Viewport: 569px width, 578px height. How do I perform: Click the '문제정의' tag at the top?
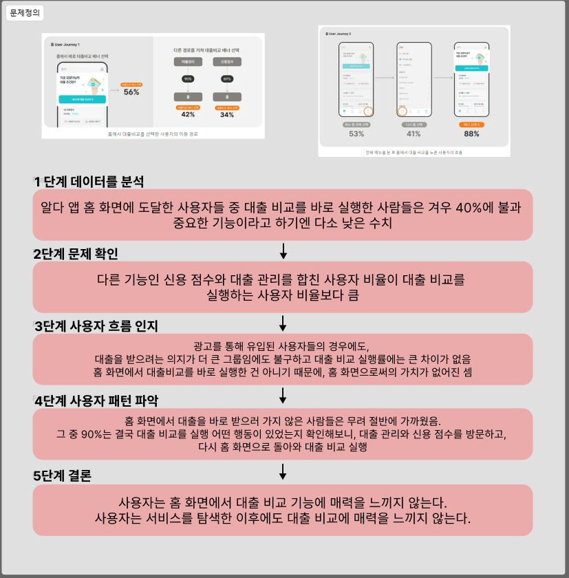point(24,12)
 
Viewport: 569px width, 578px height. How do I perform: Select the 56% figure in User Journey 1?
point(131,92)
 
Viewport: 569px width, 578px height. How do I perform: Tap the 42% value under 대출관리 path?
point(188,114)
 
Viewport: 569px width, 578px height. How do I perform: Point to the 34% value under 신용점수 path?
point(226,114)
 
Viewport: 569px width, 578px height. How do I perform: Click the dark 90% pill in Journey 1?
point(188,79)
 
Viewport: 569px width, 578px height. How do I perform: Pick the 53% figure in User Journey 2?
point(356,133)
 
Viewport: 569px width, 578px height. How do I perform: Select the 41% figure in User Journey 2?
point(414,133)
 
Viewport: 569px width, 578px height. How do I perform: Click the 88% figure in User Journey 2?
point(471,133)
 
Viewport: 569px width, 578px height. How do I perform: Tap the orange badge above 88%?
point(471,125)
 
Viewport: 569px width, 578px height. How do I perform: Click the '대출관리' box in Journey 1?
point(188,62)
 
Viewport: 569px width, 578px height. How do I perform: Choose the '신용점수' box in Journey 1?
point(226,62)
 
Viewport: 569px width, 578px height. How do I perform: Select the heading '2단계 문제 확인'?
point(76,253)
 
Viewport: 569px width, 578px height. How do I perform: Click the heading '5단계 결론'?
point(63,475)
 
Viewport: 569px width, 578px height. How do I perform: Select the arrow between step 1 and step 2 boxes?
point(283,250)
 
